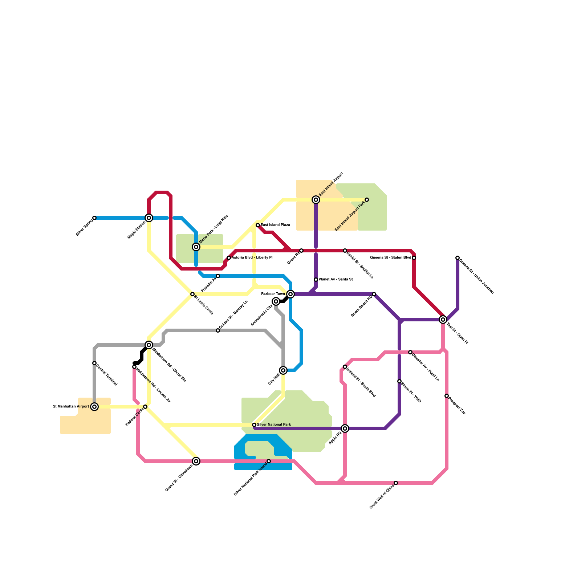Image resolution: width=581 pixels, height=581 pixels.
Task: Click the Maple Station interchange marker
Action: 149,218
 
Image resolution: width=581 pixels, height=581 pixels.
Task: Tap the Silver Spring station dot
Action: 94,218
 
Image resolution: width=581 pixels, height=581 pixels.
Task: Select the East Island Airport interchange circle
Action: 316,200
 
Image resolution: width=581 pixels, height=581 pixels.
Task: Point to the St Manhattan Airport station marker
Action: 94,407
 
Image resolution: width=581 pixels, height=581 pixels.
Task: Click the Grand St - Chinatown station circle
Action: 196,461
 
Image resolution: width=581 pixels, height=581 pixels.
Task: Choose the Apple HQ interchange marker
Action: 345,428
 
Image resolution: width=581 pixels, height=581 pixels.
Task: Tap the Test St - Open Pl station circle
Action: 443,320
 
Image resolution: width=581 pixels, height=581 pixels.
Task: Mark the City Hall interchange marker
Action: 283,370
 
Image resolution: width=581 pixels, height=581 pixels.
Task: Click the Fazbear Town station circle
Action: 290,294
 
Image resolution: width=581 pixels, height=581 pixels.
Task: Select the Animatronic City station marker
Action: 276,301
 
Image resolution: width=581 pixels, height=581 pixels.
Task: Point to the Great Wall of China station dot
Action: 396,483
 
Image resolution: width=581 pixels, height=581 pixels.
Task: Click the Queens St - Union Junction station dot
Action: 458,258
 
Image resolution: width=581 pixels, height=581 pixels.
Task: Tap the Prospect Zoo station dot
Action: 447,396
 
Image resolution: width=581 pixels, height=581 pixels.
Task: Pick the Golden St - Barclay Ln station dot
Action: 218,330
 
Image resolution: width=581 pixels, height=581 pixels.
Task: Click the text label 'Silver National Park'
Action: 274,424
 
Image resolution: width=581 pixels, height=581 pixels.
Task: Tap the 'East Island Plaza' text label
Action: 275,225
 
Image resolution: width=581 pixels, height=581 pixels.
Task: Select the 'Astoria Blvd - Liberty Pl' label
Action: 252,258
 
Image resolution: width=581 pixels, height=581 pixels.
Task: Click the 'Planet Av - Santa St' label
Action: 336,280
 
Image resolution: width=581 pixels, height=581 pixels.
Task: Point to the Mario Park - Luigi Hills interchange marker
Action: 196,247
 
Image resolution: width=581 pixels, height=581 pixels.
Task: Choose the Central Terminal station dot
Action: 94,363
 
